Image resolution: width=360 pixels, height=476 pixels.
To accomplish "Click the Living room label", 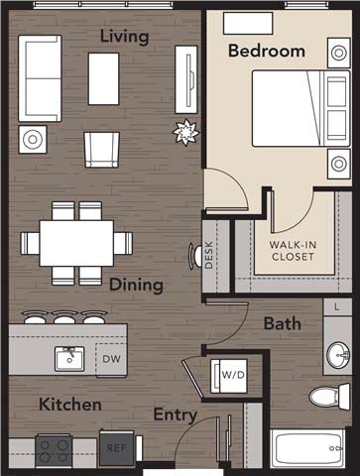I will [124, 38].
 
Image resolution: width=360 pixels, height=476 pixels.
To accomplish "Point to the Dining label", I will [136, 285].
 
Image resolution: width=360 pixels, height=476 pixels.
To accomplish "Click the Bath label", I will [282, 323].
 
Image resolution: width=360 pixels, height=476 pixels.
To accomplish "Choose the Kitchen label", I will [69, 405].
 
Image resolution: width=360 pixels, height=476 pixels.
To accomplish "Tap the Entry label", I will [175, 416].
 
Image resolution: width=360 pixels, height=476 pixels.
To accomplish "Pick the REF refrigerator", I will [115, 447].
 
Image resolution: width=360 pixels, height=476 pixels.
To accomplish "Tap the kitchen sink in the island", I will [68, 358].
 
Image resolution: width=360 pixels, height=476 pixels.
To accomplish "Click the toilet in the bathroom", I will [326, 398].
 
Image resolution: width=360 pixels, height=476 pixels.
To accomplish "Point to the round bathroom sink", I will [337, 353].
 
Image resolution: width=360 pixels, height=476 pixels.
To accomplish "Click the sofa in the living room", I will [40, 78].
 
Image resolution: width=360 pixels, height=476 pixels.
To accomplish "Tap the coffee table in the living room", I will [103, 78].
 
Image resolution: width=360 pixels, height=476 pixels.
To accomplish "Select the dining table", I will [76, 243].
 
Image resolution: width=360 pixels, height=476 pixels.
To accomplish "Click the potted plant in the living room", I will [183, 130].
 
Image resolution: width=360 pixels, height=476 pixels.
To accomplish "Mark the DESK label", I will [209, 257].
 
